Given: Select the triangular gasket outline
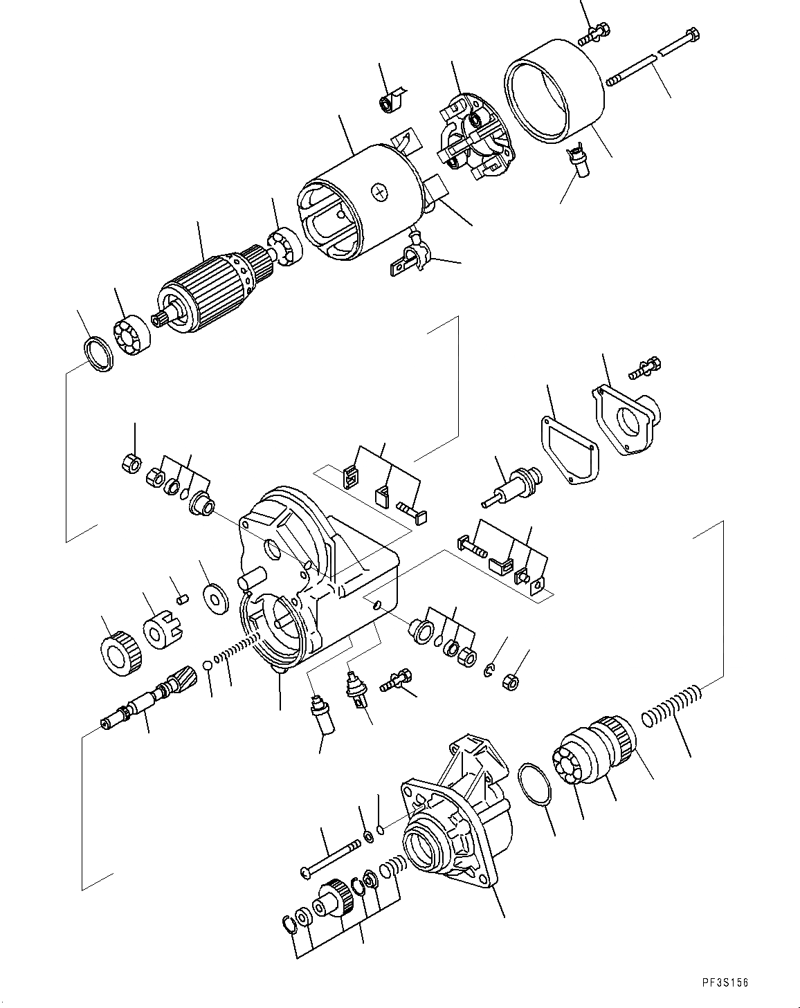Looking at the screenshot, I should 567,450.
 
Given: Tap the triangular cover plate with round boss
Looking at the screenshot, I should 626,419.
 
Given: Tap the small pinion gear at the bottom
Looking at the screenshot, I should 334,904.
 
